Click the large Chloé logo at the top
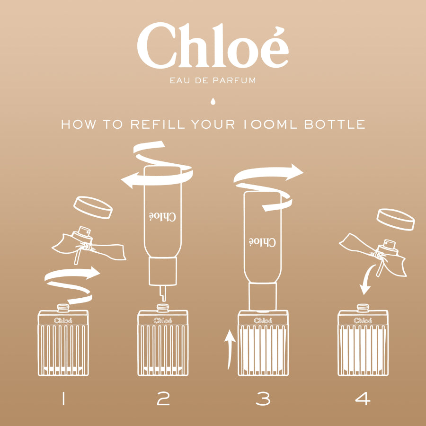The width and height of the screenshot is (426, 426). click(213, 45)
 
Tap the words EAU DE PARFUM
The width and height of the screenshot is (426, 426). click(213, 80)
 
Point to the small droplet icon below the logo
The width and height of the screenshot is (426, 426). click(213, 101)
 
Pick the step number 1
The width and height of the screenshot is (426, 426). click(62, 400)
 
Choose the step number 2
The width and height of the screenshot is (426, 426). click(163, 400)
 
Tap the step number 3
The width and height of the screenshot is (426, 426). click(263, 400)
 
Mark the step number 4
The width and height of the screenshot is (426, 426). click(363, 400)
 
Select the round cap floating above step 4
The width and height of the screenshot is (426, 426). click(396, 219)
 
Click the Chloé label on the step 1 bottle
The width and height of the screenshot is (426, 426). click(63, 320)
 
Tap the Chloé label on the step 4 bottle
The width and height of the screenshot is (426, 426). click(363, 320)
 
